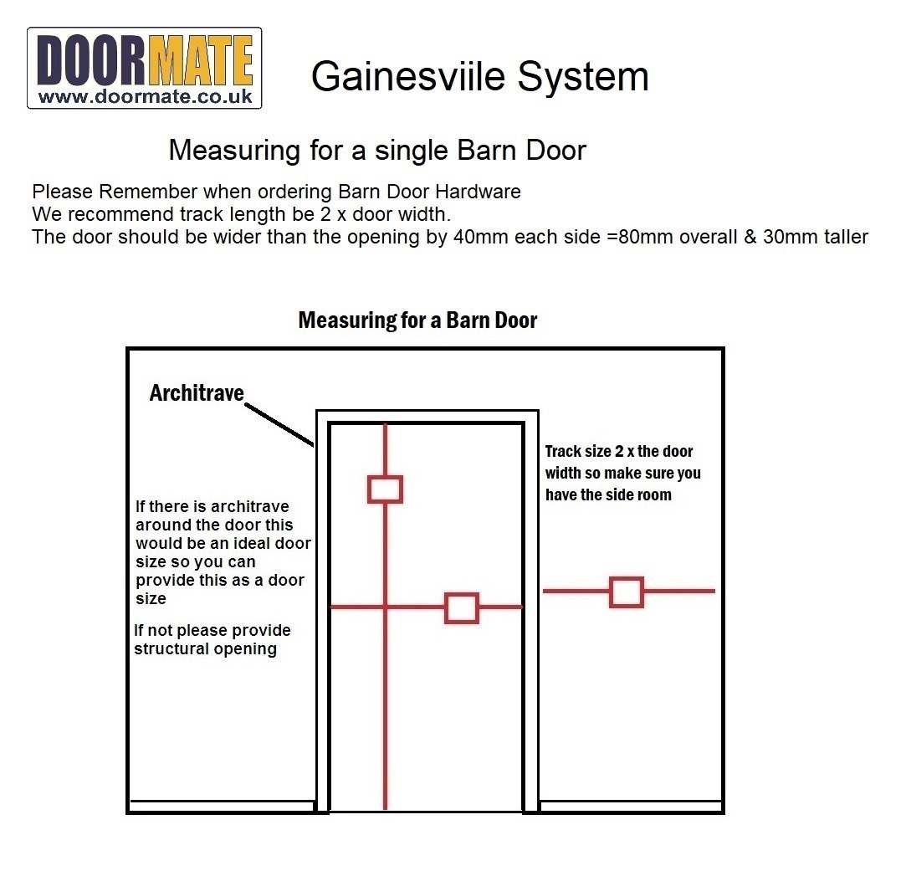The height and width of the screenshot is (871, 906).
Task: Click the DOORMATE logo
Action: point(144,67)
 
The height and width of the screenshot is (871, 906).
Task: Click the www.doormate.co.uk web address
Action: point(144,96)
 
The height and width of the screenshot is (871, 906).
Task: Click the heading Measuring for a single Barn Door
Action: point(376,151)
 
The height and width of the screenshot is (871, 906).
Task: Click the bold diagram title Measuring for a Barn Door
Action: point(417,320)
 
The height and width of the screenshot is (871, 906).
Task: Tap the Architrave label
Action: point(196,392)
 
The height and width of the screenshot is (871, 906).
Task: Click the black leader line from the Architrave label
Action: point(279,424)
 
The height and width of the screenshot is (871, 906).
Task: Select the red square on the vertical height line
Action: point(385,489)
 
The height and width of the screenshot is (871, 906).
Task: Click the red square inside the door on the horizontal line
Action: point(461,608)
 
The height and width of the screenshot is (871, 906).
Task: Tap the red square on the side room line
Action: point(626,592)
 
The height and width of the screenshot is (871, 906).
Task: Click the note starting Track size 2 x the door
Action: point(622,473)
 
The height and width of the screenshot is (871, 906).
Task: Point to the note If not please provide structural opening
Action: point(212,639)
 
